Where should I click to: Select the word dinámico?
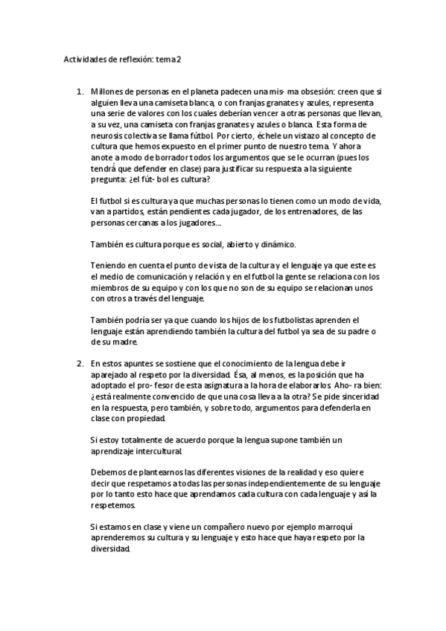tap(278, 244)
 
